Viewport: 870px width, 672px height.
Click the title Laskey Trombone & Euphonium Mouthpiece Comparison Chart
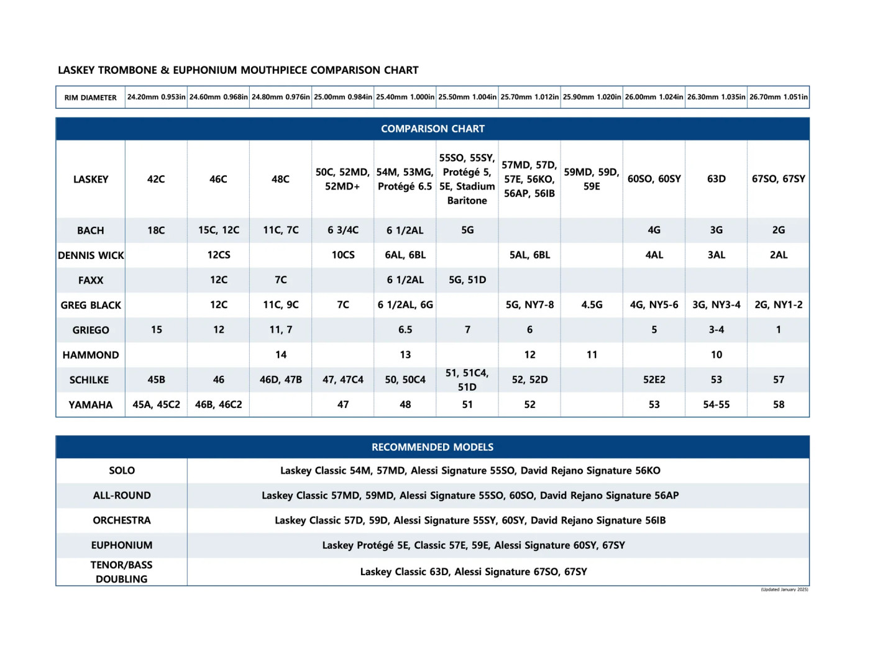[238, 70]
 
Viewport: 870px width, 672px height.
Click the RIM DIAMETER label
[91, 98]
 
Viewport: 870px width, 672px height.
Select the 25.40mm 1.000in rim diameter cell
[405, 97]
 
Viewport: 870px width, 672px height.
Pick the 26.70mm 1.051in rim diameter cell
[778, 97]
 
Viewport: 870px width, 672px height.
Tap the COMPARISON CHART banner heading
[433, 129]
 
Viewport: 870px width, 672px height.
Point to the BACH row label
[91, 230]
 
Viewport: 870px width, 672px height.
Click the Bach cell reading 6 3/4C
[343, 230]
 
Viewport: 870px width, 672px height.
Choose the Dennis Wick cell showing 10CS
[343, 255]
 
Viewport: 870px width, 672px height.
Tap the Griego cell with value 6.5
[405, 330]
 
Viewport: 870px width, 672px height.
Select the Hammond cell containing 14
[281, 355]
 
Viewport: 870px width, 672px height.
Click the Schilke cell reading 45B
[157, 379]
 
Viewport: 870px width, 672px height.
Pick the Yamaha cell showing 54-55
[716, 404]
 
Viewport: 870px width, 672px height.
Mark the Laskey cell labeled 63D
[716, 179]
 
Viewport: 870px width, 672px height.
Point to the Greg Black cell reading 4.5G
[592, 305]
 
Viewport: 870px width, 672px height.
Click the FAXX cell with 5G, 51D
[467, 279]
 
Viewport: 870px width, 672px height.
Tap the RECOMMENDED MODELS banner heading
[433, 447]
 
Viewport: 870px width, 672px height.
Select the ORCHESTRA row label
[122, 520]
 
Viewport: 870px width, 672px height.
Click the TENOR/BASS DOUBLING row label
[122, 572]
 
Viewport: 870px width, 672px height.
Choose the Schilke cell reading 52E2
[654, 379]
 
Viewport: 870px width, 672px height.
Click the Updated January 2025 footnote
[784, 589]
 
